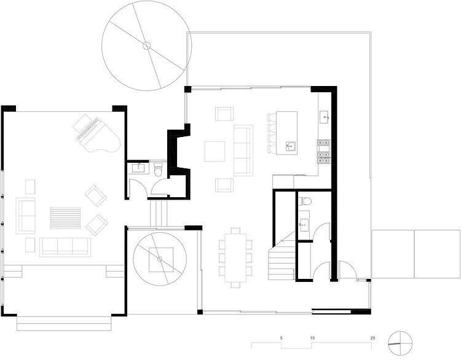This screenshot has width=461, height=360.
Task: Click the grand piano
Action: click(97, 134)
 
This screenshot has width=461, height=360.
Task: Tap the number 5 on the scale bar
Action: click(281, 338)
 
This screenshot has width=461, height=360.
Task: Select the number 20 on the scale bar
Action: click(372, 338)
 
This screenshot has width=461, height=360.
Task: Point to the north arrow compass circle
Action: click(400, 343)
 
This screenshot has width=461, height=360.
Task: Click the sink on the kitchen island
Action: click(291, 146)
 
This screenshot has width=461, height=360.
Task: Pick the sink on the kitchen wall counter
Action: click(325, 117)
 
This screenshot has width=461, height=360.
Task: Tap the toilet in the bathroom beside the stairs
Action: click(305, 202)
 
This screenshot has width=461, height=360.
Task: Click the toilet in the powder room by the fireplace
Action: click(158, 170)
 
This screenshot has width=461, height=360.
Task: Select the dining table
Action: click(235, 258)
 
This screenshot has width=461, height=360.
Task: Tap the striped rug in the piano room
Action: click(65, 218)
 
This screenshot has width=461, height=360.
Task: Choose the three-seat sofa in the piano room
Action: click(65, 247)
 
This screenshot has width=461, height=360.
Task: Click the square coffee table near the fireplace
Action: click(215, 151)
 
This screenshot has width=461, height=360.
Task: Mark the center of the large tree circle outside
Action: click(146, 45)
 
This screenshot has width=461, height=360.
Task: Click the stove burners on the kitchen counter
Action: click(324, 152)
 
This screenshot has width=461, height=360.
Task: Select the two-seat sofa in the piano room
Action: click(26, 216)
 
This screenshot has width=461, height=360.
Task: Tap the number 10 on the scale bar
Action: click(312, 338)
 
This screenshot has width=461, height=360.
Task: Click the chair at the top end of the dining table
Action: click(235, 230)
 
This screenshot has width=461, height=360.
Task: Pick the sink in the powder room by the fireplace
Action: click(138, 168)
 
